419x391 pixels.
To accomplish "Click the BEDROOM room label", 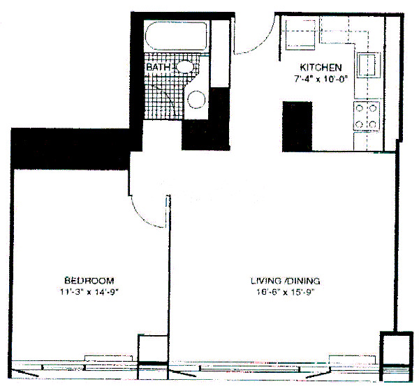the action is (x=89, y=281).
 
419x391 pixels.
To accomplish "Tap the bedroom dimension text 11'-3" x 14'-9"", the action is (x=89, y=292).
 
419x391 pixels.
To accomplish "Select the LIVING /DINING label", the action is (x=285, y=281).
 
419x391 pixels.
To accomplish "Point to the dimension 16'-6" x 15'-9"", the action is (x=285, y=292).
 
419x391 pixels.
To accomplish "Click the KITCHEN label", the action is (x=321, y=67).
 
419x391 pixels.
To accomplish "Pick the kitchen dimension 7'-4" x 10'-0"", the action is (x=321, y=79).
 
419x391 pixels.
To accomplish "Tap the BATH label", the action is (x=158, y=67).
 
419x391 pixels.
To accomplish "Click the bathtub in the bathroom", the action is (x=176, y=36).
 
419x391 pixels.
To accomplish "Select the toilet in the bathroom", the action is (x=184, y=66).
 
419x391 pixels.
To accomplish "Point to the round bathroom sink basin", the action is (x=196, y=100).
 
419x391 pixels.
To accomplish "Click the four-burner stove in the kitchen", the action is (x=367, y=117).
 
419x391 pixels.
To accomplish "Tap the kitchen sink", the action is (x=369, y=65).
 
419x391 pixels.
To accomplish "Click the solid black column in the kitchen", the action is (x=297, y=126).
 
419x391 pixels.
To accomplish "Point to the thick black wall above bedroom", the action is (x=71, y=149).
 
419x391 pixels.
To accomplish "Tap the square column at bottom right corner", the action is (x=397, y=357).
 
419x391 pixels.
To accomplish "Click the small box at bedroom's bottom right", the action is (x=153, y=348).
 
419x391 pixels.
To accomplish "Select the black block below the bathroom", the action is (x=206, y=135).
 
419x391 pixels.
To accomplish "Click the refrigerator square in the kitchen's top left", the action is (x=300, y=35).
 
